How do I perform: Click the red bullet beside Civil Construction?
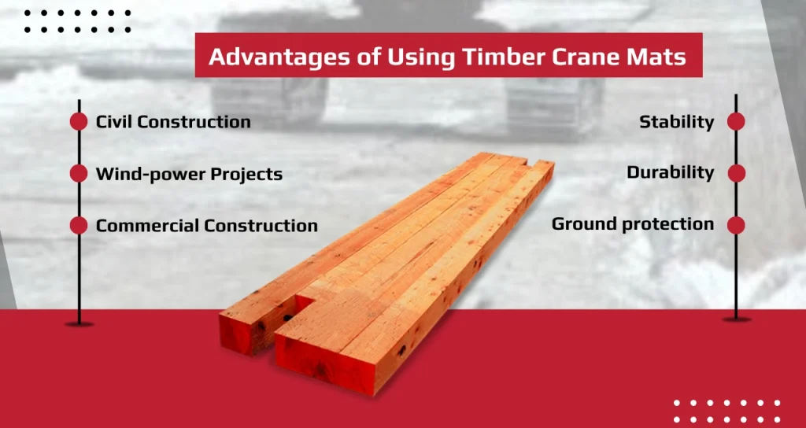[x=79, y=122]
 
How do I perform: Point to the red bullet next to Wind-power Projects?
[x=79, y=174]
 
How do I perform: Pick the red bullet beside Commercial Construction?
[x=79, y=226]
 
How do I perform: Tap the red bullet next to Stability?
[x=736, y=122]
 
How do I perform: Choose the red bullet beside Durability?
[x=736, y=174]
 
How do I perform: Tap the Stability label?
[x=676, y=123]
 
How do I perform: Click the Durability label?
[x=671, y=173]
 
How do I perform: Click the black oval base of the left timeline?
[x=79, y=324]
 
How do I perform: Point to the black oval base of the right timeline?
[x=736, y=319]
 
